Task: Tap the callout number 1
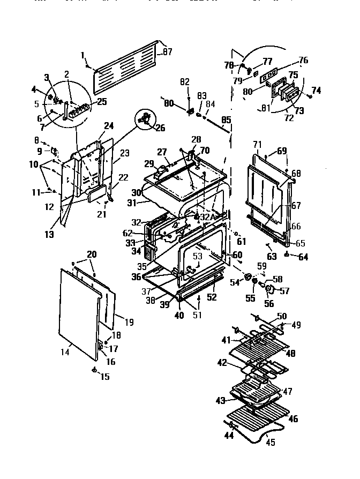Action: [83, 55]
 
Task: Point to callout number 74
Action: [316, 91]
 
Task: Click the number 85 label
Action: [226, 119]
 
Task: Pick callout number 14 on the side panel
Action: [64, 351]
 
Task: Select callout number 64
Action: [303, 257]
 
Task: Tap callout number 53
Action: [198, 257]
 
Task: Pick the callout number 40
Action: [179, 316]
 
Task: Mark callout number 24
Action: [109, 126]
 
